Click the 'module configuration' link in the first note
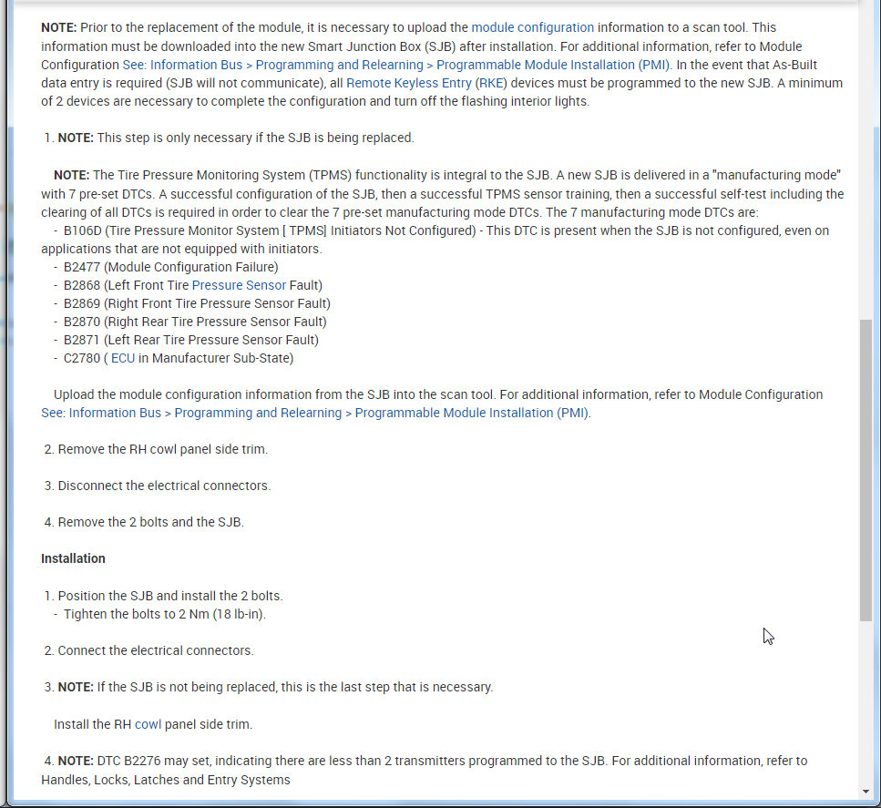click(x=532, y=28)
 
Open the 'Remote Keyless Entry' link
click(x=408, y=83)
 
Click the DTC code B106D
click(x=83, y=230)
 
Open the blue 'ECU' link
click(x=123, y=358)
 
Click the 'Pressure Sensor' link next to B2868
click(x=239, y=285)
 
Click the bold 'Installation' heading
click(x=73, y=558)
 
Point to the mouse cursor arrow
click(x=768, y=636)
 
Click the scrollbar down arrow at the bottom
click(x=866, y=792)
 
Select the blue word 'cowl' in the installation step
click(x=148, y=724)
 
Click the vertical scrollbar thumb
click(x=866, y=469)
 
